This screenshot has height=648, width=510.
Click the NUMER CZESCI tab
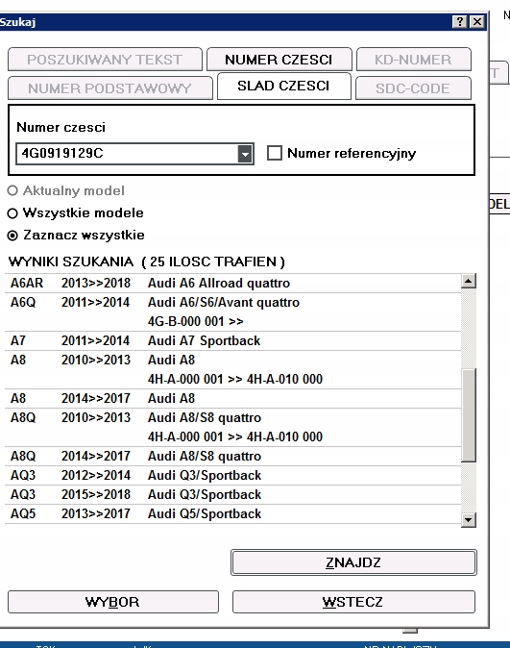click(279, 60)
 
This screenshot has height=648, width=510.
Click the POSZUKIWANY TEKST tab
click(105, 60)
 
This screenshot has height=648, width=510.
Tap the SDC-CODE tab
click(415, 88)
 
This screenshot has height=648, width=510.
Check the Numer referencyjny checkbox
click(274, 154)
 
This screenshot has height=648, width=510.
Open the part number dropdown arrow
click(245, 154)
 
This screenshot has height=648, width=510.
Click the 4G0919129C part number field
click(125, 154)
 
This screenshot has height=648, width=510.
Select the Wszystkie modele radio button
click(12, 212)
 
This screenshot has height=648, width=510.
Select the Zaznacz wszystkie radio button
click(12, 235)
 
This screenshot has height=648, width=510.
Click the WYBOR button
click(112, 602)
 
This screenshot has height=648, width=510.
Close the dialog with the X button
click(477, 21)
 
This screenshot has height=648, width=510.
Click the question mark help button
click(460, 21)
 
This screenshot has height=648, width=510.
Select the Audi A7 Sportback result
click(204, 340)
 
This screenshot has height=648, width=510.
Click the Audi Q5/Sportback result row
click(204, 513)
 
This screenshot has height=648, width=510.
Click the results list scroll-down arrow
click(469, 519)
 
